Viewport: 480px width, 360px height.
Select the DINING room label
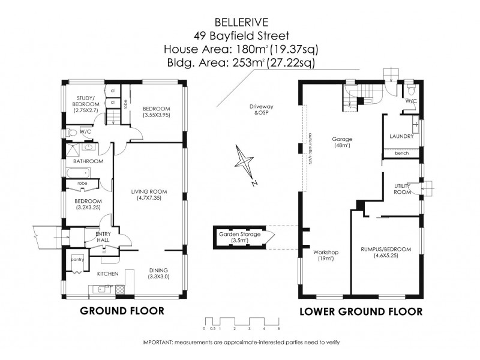(x=158, y=273)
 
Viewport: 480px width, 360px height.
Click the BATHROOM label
(x=89, y=161)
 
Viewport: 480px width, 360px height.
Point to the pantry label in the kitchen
(x=77, y=259)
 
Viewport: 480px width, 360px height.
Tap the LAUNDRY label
(x=401, y=136)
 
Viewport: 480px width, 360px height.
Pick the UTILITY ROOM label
(x=401, y=189)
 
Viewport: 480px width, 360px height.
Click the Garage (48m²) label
(x=342, y=142)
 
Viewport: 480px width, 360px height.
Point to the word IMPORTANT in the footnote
(x=157, y=342)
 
